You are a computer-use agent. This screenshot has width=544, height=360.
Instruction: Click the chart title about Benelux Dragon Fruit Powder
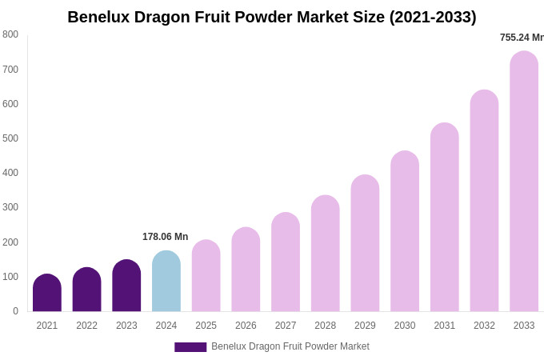[271, 17]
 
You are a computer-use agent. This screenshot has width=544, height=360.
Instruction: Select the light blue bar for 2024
[166, 282]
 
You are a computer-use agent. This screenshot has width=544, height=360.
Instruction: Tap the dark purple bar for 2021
[47, 293]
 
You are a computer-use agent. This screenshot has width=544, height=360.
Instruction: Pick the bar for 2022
[86, 290]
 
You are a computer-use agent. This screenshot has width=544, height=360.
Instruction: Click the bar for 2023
[126, 286]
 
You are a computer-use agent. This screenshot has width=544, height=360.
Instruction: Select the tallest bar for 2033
[524, 182]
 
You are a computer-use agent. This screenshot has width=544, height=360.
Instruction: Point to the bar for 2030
[405, 231]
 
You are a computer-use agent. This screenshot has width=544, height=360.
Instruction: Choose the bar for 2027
[286, 262]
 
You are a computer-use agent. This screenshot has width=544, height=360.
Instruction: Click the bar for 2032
[484, 201]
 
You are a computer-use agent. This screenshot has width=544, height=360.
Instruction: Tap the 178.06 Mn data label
[166, 237]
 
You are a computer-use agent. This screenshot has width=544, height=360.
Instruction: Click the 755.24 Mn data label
[521, 38]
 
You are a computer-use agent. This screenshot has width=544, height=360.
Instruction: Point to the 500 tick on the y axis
[10, 138]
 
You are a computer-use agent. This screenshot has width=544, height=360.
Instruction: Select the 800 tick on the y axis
[10, 34]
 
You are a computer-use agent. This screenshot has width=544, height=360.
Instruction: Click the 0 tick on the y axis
[14, 311]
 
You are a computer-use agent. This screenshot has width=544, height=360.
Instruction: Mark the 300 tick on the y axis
[10, 207]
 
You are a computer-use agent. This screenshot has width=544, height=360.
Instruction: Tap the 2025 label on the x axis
[206, 326]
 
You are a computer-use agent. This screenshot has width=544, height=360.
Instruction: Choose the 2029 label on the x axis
[365, 326]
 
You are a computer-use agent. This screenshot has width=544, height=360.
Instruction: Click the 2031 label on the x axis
[444, 326]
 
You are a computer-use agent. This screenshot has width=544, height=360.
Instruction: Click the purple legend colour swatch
[190, 347]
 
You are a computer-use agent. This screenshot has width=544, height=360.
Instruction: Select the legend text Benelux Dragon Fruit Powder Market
[290, 346]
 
